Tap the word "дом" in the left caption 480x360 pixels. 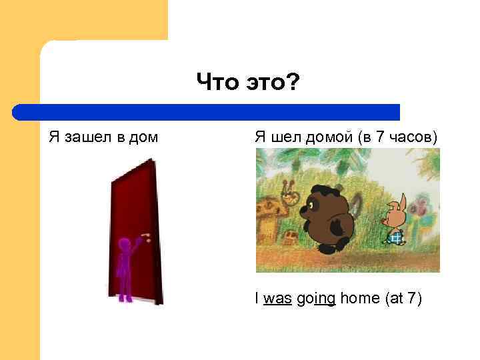pos(145,138)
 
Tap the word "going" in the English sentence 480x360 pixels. pos(315,299)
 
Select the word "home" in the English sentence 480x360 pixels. pos(360,298)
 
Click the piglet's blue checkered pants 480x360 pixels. pos(395,237)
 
